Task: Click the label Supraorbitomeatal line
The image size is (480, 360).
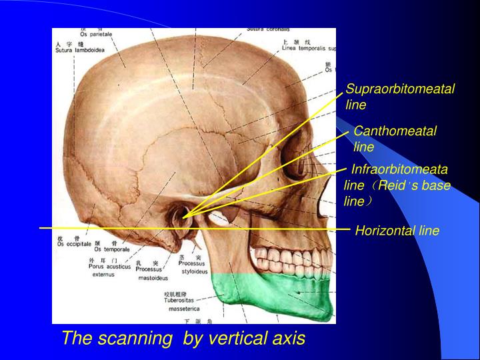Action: tap(400, 97)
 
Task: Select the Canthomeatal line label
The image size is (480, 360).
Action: tap(395, 139)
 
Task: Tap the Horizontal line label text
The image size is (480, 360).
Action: tap(397, 231)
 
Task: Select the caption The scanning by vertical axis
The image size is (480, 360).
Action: tap(183, 338)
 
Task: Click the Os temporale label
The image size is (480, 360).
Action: tap(111, 249)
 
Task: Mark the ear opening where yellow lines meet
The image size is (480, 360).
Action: tap(183, 215)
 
